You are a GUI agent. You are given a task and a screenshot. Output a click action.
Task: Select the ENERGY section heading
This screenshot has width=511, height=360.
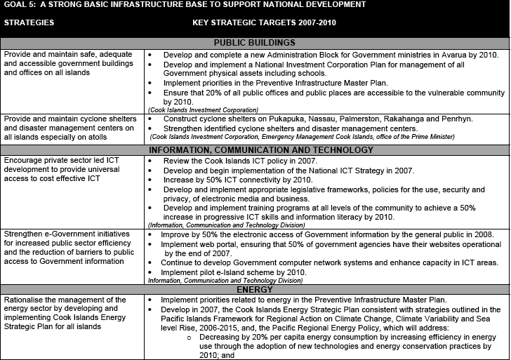(x=255, y=288)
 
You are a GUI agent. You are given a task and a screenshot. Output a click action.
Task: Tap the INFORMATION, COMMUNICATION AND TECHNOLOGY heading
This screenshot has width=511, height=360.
(x=255, y=149)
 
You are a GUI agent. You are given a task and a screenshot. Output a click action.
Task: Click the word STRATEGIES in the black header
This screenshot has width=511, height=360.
(x=29, y=22)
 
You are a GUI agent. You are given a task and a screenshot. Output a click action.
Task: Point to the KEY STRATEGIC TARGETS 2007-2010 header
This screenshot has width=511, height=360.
(x=259, y=22)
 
